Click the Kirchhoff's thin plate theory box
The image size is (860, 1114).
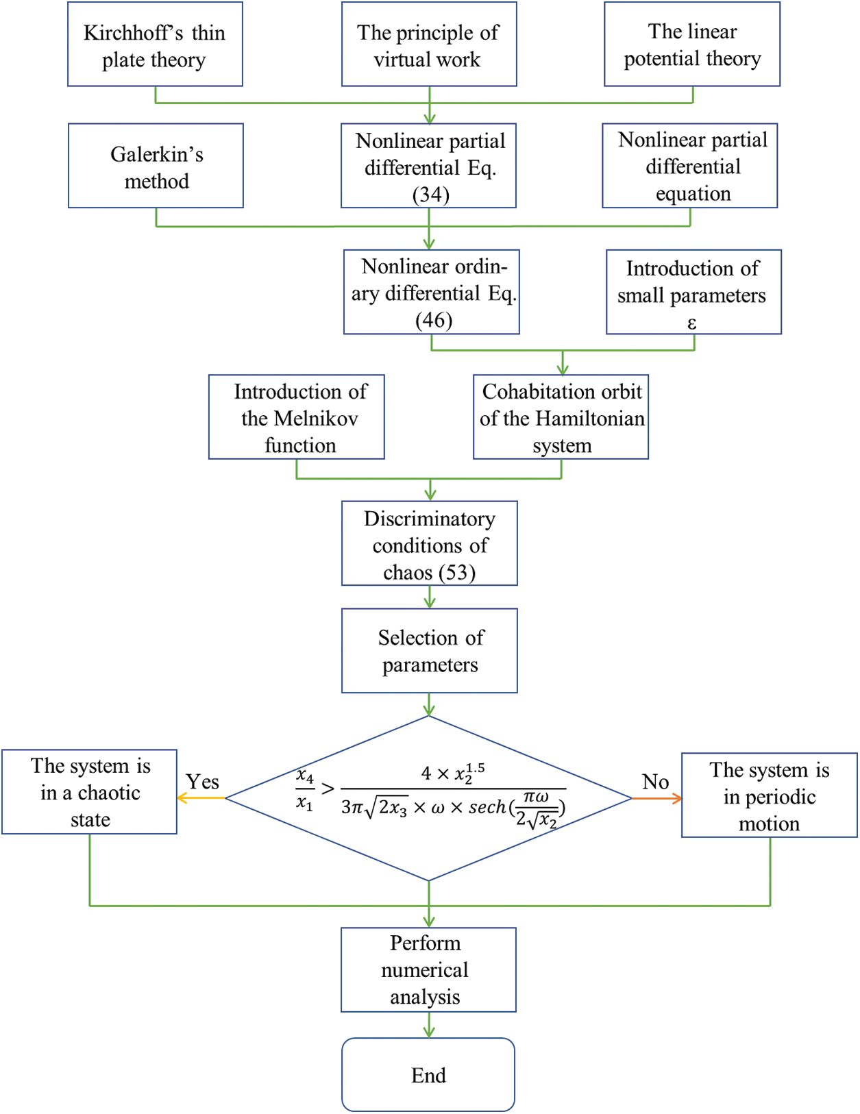click(x=156, y=44)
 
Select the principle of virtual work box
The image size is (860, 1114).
click(x=430, y=44)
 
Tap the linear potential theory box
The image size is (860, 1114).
click(x=692, y=44)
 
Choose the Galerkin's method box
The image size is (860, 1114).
click(x=156, y=166)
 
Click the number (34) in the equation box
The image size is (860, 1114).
click(x=431, y=195)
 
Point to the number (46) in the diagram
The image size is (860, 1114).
click(x=434, y=321)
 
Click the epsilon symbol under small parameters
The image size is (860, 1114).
click(x=692, y=323)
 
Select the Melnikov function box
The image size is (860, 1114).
click(x=297, y=417)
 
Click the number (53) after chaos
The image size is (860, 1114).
click(x=457, y=573)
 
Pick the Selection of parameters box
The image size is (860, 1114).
click(x=430, y=651)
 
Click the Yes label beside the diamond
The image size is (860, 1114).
click(x=202, y=782)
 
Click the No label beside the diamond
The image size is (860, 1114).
click(x=656, y=782)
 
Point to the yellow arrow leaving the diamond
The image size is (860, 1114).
click(x=201, y=797)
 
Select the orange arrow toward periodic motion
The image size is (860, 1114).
click(x=656, y=797)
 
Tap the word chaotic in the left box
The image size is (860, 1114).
click(x=109, y=793)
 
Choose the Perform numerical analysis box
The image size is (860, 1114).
click(x=428, y=970)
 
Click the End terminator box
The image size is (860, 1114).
click(x=428, y=1075)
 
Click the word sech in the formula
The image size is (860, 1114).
click(x=487, y=808)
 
